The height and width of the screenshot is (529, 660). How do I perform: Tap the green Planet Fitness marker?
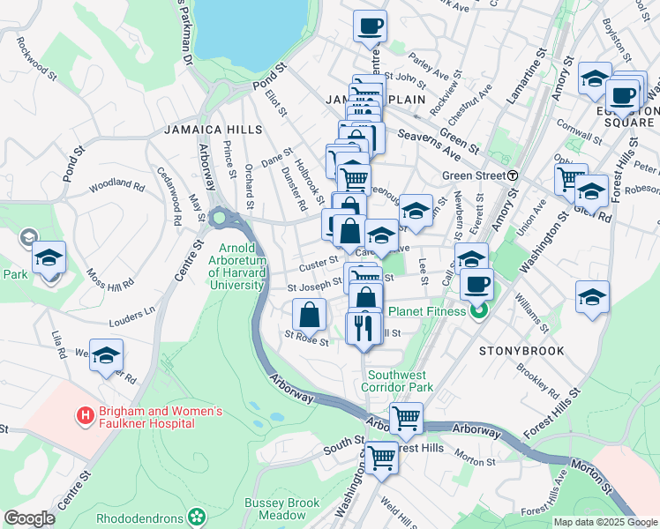(479, 310)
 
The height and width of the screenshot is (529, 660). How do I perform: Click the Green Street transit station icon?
(513, 175)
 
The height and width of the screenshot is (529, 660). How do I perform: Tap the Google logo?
(29, 518)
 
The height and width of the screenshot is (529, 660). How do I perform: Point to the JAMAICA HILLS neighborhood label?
(213, 130)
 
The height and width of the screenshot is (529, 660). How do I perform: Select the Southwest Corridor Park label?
(397, 381)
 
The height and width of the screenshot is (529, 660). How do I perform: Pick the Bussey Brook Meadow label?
(281, 510)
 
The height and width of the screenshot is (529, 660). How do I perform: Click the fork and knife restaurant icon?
(364, 329)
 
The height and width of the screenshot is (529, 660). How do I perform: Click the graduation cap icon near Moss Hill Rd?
(49, 257)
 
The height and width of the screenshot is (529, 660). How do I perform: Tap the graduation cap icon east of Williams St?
(592, 298)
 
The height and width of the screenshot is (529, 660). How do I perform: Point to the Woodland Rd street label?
(116, 186)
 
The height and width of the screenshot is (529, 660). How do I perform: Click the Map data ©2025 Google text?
(604, 522)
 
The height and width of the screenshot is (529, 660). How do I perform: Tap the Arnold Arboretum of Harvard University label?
(236, 265)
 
